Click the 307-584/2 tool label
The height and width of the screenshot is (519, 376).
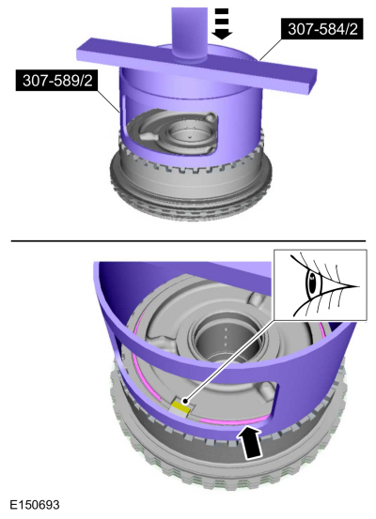pyautogui.click(x=322, y=29)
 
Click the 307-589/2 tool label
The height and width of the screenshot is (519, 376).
pyautogui.click(x=56, y=80)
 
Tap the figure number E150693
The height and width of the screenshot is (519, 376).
pyautogui.click(x=35, y=505)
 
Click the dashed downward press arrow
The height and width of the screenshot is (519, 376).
pyautogui.click(x=222, y=23)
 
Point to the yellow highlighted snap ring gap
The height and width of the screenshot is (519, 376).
pyautogui.click(x=181, y=406)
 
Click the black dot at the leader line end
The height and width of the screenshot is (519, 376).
pyautogui.click(x=186, y=402)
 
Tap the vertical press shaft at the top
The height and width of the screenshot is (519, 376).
pyautogui.click(x=189, y=33)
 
